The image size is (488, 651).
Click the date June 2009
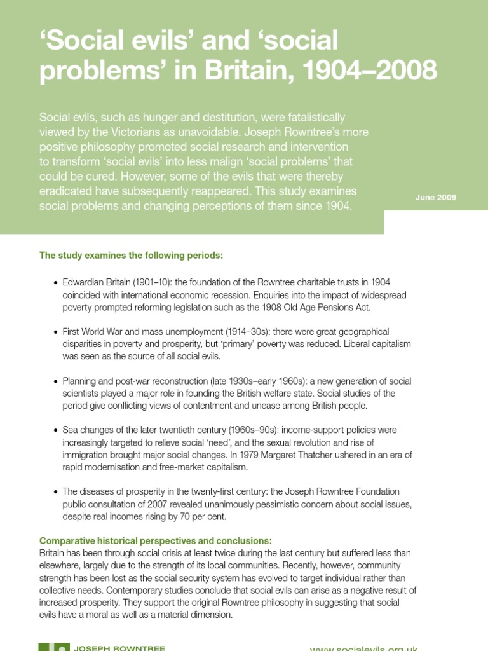[436, 198]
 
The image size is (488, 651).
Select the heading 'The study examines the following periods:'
[132, 256]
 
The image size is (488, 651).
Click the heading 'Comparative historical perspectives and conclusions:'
[156, 541]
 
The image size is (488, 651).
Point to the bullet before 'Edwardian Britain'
[56, 283]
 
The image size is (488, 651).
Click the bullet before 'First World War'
[56, 332]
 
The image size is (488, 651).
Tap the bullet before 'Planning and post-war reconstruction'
[56, 382]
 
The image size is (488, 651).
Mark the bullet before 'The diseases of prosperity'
[56, 492]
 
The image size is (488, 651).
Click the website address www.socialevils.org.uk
[363, 648]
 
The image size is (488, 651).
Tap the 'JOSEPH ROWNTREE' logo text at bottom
[120, 648]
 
